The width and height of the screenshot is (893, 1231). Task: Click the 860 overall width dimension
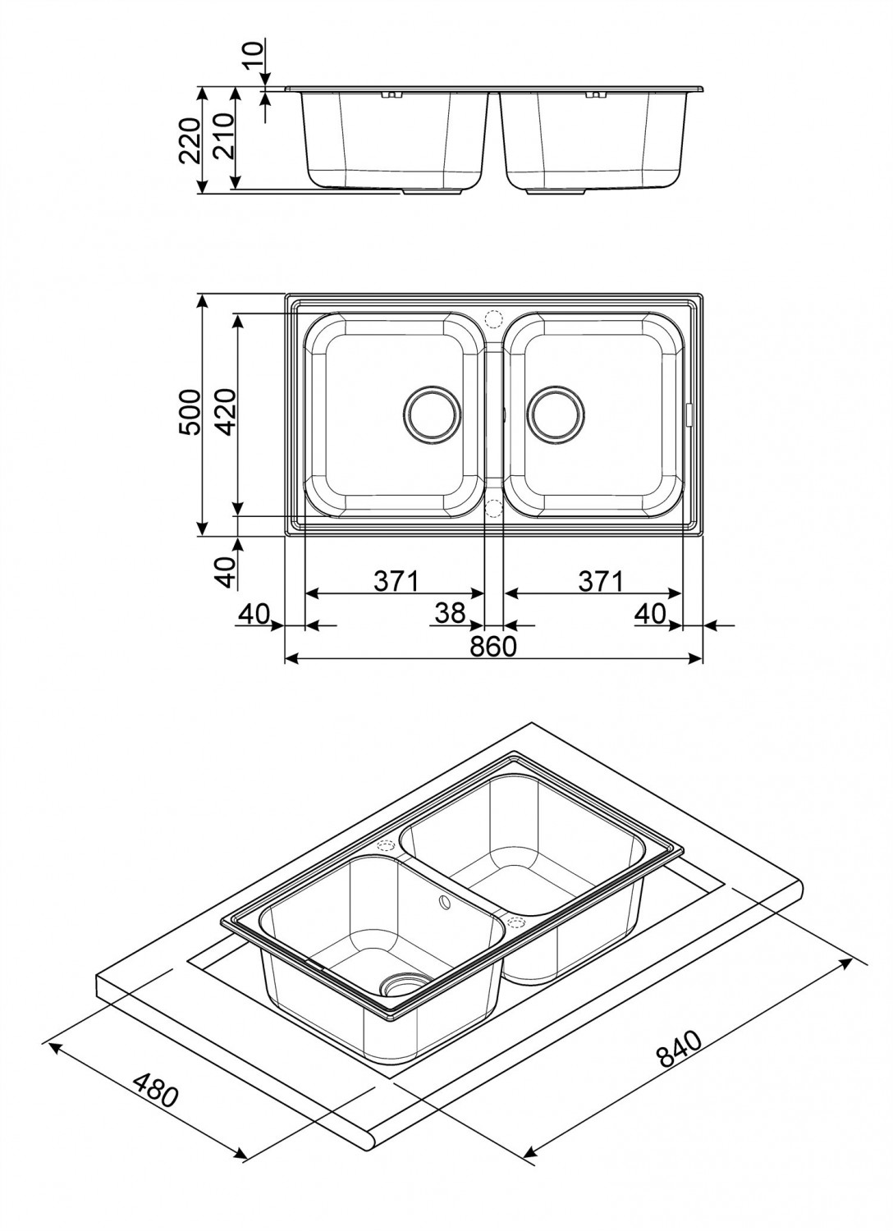pyautogui.click(x=493, y=647)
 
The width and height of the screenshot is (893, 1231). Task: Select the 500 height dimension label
pyautogui.click(x=190, y=412)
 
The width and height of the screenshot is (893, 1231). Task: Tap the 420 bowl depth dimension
pyautogui.click(x=225, y=412)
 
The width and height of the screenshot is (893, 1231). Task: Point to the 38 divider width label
pyautogui.click(x=450, y=613)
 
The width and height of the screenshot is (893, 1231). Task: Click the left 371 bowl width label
pyautogui.click(x=396, y=581)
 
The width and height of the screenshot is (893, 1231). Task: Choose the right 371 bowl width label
pyautogui.click(x=601, y=581)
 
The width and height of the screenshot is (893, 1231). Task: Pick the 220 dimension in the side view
pyautogui.click(x=190, y=140)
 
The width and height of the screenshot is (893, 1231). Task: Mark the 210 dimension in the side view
pyautogui.click(x=224, y=135)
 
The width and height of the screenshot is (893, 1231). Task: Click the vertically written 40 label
pyautogui.click(x=225, y=572)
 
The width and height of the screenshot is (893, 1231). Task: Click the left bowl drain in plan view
pyautogui.click(x=432, y=414)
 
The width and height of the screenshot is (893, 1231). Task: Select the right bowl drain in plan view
pyautogui.click(x=556, y=414)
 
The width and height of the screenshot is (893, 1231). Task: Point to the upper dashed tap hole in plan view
pyautogui.click(x=493, y=318)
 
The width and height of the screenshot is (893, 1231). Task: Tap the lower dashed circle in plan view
pyautogui.click(x=493, y=508)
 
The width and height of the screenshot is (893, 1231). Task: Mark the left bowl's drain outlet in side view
pyautogui.click(x=432, y=193)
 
